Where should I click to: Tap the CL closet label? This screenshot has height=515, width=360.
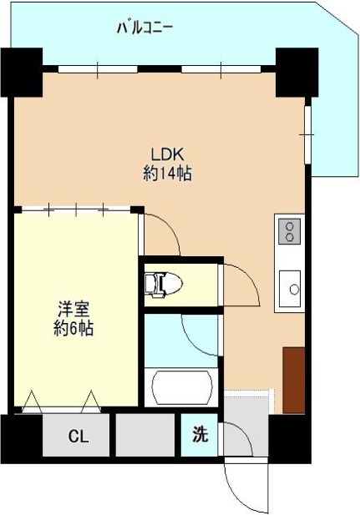coord(77,436)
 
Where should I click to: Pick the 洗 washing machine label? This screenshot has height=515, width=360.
coord(200,435)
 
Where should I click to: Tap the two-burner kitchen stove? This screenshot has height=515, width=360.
coord(290,229)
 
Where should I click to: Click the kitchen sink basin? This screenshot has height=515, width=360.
coord(292,287)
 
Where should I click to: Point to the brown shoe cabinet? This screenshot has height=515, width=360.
coord(293,379)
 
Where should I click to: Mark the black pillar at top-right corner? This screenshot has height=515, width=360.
coord(296,72)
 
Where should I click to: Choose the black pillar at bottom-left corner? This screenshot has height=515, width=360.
coord(21,436)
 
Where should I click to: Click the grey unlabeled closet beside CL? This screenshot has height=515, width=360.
coord(145,435)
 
